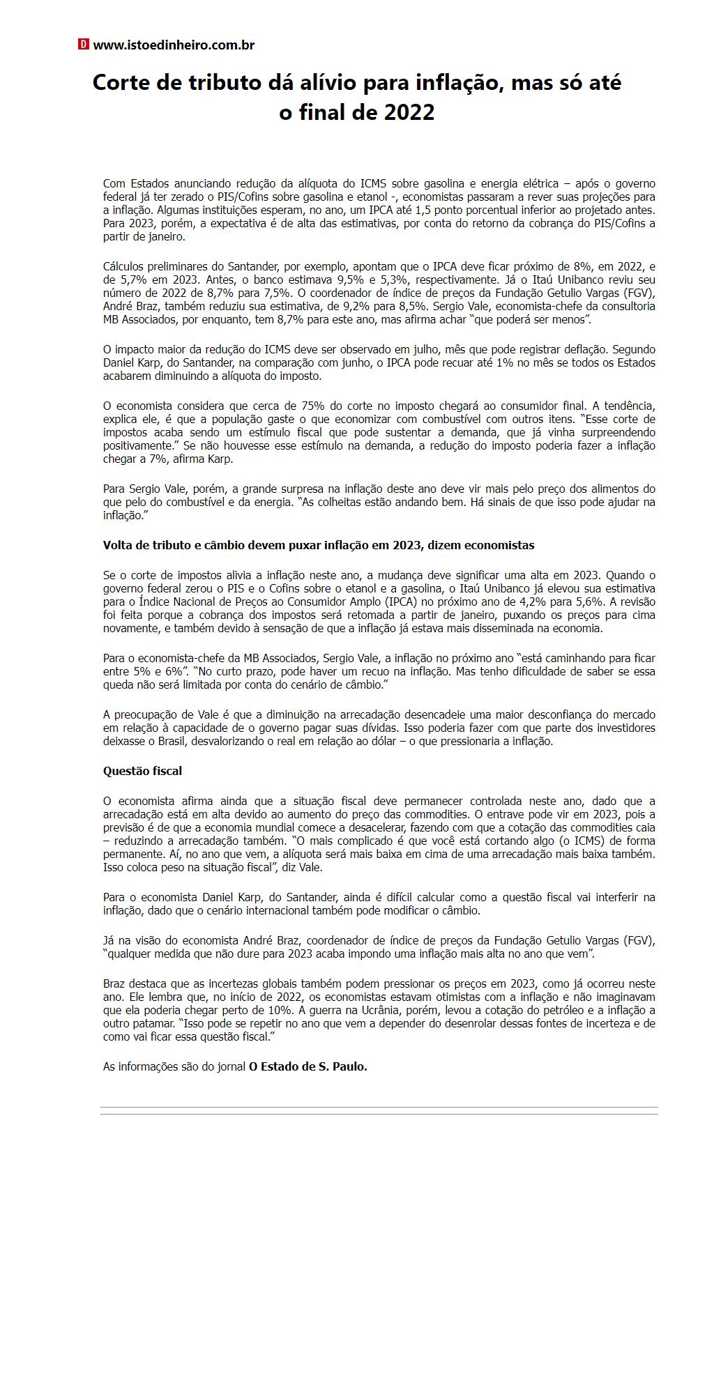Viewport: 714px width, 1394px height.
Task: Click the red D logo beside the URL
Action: coord(84,45)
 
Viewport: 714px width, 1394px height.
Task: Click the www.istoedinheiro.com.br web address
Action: coord(174,45)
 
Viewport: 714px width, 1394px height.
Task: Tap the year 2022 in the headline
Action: coord(406,112)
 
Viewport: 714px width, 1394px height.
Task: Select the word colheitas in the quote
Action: coord(344,503)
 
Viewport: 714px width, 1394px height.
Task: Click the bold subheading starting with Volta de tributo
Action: coord(319,545)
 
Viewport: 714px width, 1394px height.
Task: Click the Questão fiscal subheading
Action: coord(142,771)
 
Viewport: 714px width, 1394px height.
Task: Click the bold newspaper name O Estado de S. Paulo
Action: coord(307,1066)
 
